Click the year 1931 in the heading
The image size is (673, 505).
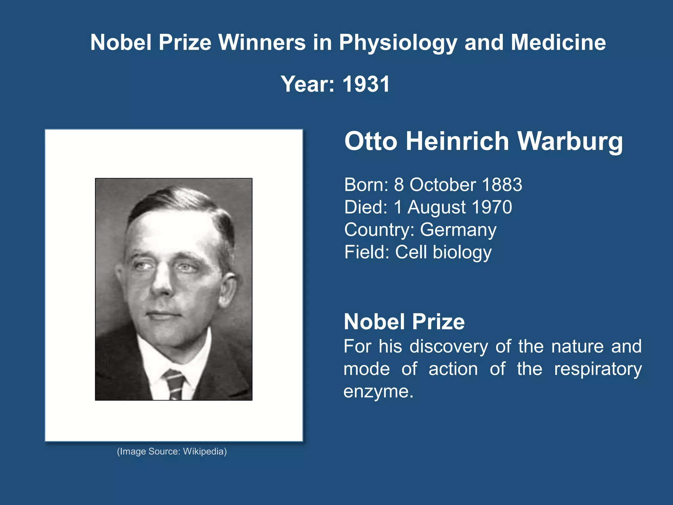click(366, 84)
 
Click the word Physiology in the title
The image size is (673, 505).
click(398, 43)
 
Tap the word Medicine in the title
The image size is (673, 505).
click(558, 43)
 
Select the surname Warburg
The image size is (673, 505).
click(570, 142)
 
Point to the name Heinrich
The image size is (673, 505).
click(457, 142)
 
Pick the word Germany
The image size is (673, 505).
click(458, 230)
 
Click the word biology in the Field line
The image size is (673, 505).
click(462, 252)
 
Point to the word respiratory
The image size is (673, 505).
click(598, 369)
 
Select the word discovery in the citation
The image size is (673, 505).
click(449, 347)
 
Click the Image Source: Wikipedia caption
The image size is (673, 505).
click(172, 451)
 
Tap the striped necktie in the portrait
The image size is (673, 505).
click(174, 383)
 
